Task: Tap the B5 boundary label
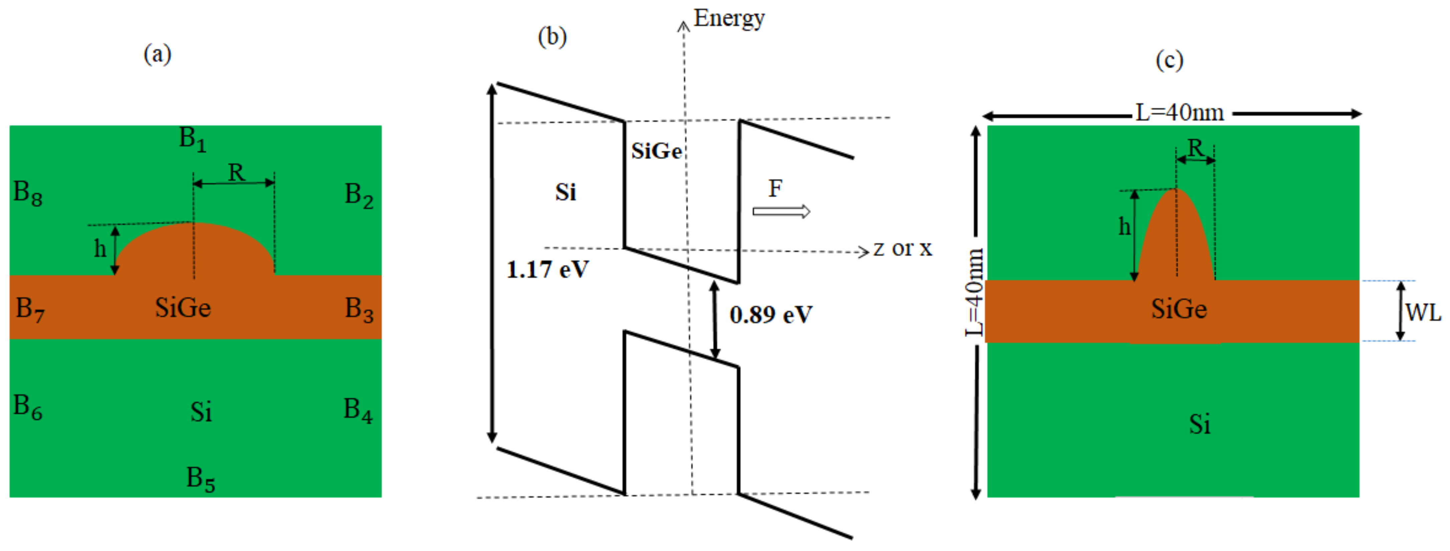[200, 480]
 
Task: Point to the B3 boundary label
[358, 310]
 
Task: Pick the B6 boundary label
[28, 407]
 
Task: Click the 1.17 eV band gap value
[547, 270]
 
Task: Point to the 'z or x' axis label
[902, 248]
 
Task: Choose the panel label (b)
[552, 37]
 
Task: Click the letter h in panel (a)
[100, 248]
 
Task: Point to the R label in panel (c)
[1195, 148]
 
